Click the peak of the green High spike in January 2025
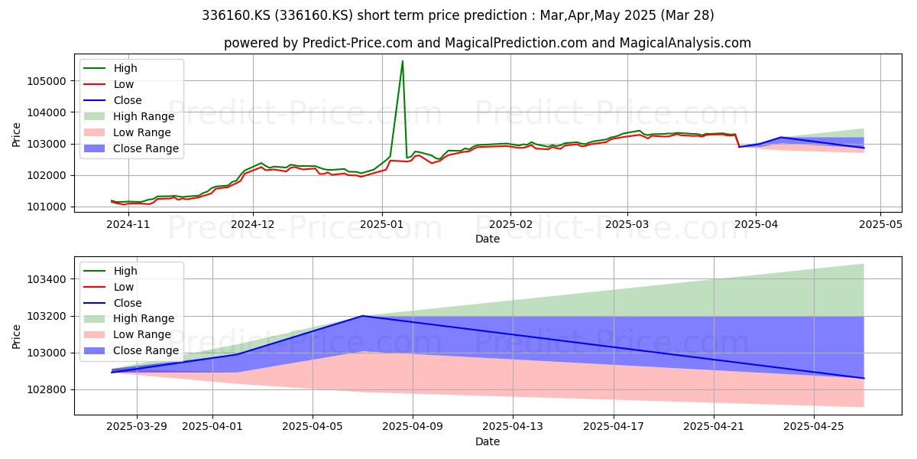coord(403,61)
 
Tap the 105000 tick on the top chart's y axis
coord(47,81)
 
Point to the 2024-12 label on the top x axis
coord(253,224)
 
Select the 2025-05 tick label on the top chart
coord(880,224)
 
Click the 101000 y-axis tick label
coord(47,207)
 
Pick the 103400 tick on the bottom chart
coord(47,279)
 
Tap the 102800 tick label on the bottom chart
coord(47,389)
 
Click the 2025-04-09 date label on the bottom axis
coord(412,427)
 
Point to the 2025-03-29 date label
coord(137,427)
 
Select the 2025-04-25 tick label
coord(814,427)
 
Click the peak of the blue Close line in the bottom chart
coord(363,316)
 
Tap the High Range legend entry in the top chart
coord(129,116)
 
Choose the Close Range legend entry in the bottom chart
coord(129,351)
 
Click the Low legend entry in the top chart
coord(109,84)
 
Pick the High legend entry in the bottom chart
coord(111,271)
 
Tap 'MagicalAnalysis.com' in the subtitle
coord(685,43)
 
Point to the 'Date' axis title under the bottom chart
coord(488,441)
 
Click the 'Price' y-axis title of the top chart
coord(16,135)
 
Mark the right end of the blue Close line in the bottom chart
coord(864,378)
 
